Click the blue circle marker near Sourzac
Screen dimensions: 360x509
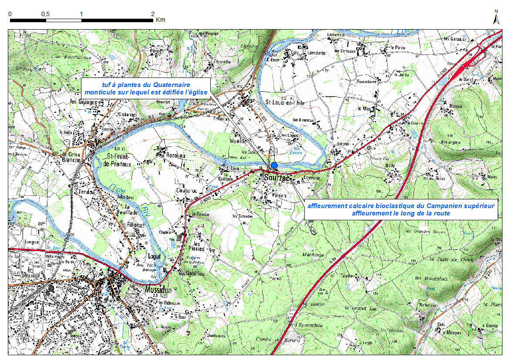coord(274,165)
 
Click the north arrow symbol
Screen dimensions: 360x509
coord(496,18)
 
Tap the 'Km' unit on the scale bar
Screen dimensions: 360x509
coord(160,20)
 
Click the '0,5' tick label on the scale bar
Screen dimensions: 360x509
coord(45,14)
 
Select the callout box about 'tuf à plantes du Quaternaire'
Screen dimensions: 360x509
coord(146,88)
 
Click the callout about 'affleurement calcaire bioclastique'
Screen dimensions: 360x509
coord(401,209)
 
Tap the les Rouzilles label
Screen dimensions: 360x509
coord(431,278)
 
